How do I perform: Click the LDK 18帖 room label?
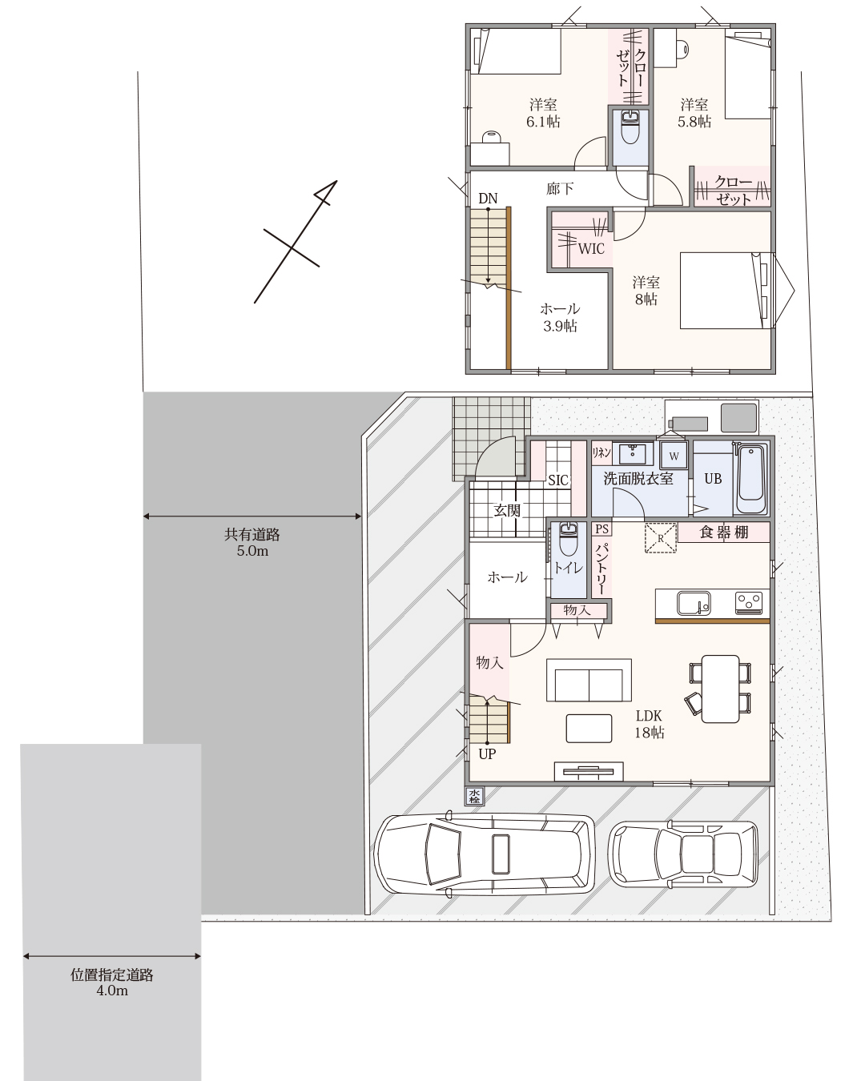649,724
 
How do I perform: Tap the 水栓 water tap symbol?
474,796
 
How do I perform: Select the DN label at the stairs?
488,199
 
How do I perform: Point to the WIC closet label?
591,249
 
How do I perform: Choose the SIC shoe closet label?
558,480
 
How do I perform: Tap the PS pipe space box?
601,529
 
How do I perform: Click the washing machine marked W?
674,456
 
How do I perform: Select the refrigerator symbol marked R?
661,538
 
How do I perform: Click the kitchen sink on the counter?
693,603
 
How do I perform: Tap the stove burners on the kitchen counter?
749,603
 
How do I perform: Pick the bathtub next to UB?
751,479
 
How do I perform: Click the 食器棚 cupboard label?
724,532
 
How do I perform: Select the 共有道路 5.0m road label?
251,543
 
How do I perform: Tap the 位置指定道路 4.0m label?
111,983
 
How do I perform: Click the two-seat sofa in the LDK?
589,680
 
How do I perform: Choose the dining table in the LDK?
720,688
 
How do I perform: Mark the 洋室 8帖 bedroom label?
646,291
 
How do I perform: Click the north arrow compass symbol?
296,242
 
